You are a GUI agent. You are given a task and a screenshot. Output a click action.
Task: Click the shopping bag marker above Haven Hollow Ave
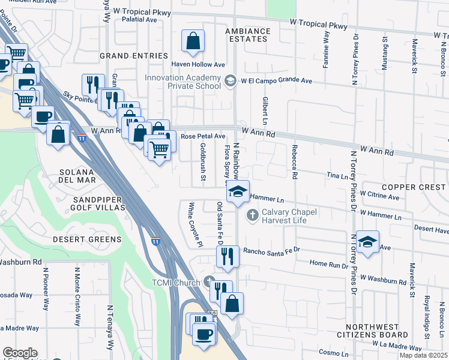[x=193, y=42]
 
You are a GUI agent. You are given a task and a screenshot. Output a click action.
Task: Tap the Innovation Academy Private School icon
[x=229, y=80]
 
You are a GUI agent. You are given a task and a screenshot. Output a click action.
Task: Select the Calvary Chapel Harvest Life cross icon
[x=253, y=214]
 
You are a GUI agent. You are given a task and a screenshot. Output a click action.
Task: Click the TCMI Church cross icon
[x=208, y=281]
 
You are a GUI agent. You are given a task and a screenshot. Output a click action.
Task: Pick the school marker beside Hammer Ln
[x=238, y=193]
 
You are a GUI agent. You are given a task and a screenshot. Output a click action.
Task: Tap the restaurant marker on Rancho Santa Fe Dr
[x=228, y=256]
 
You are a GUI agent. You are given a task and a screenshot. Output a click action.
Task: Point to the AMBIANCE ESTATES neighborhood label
[x=247, y=35]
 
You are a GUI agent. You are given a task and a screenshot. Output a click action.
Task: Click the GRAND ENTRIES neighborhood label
[x=134, y=56]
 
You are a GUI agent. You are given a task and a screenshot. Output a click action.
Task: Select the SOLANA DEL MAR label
[x=85, y=176]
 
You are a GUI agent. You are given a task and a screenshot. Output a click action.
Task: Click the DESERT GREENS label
[x=86, y=239]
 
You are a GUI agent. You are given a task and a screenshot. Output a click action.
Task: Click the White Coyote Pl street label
[x=193, y=223]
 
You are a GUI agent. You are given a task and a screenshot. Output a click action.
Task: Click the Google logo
[x=19, y=353]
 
